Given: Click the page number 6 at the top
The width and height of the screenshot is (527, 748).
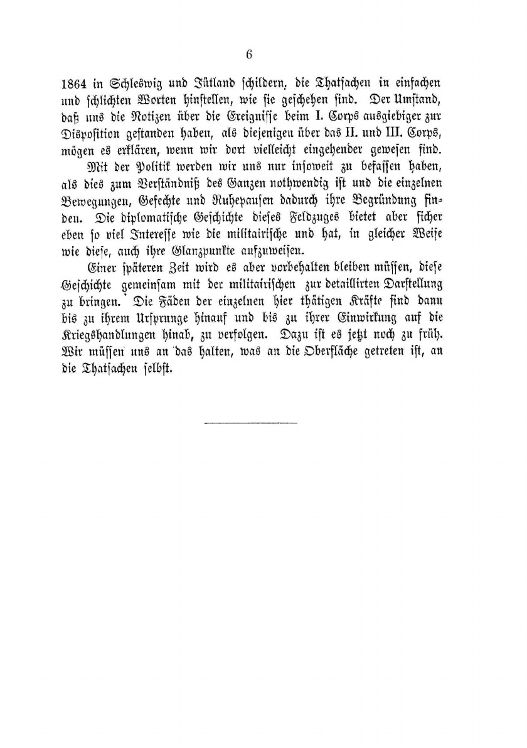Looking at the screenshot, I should coord(249,55).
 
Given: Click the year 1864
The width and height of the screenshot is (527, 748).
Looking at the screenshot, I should coord(78,83).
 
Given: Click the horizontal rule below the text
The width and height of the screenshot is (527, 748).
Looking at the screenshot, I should coord(251,423).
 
